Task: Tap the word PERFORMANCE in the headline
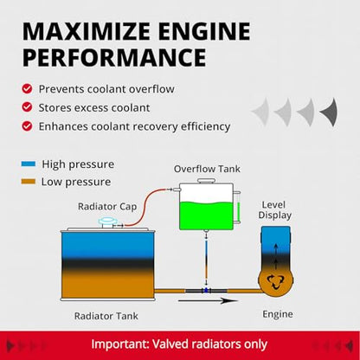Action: click(x=114, y=58)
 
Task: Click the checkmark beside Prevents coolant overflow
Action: click(x=27, y=88)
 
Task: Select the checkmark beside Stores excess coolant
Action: click(x=27, y=107)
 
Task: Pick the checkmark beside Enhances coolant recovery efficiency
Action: click(x=27, y=126)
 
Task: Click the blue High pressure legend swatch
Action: click(x=29, y=164)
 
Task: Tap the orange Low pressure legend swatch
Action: click(x=29, y=182)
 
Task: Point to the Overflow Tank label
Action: click(x=207, y=169)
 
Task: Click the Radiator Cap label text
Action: click(x=107, y=207)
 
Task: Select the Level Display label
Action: click(x=274, y=210)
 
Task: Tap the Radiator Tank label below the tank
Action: click(x=106, y=316)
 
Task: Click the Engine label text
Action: click(x=278, y=314)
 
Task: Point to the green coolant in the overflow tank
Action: click(x=206, y=215)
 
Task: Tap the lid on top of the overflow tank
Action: click(x=206, y=181)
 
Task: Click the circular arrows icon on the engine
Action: click(x=275, y=282)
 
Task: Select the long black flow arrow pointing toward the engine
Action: click(x=208, y=301)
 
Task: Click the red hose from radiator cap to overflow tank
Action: click(x=145, y=207)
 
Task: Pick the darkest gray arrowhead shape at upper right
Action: click(x=330, y=112)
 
